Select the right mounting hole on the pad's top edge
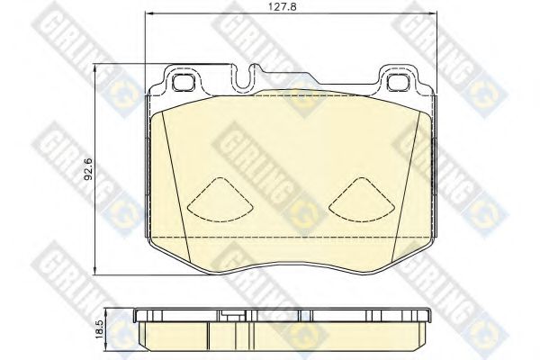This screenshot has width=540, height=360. pyautogui.click(x=397, y=82)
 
